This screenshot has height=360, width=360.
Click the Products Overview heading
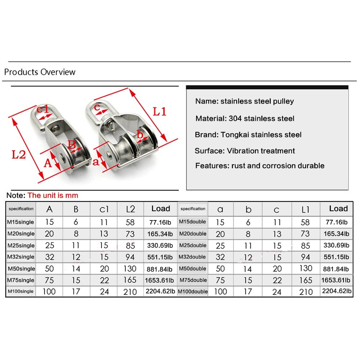tap(40, 72)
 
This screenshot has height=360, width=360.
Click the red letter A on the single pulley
tap(48, 164)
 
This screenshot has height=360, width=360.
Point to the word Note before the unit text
tap(15, 196)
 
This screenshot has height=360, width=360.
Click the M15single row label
tap(21, 222)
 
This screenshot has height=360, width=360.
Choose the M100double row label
tap(193, 291)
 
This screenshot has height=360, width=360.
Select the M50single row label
tap(21, 269)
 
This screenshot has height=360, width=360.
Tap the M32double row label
tap(193, 257)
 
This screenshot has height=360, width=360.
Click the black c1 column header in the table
tap(104, 209)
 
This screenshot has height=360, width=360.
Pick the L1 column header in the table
tap(305, 209)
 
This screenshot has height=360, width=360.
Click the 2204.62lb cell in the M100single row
tap(161, 291)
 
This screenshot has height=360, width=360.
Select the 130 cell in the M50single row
tap(130, 269)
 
